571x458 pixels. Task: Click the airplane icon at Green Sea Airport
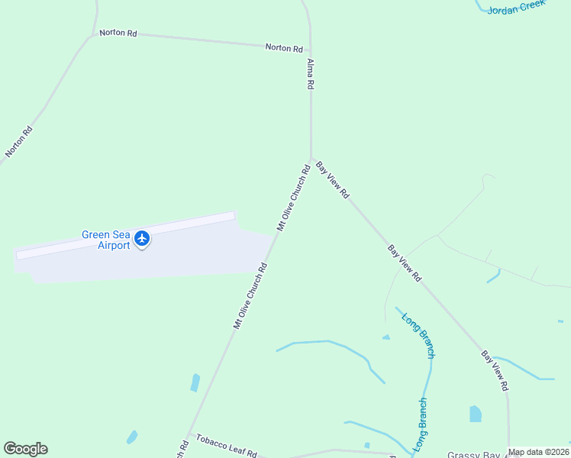pos(141,239)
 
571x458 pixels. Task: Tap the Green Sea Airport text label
pos(106,240)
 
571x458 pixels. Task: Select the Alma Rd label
pos(311,75)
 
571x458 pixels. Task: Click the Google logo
pos(25,449)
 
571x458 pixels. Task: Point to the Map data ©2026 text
pos(538,452)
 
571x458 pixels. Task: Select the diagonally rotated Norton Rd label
pos(19,141)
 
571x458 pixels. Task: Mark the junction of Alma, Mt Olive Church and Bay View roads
pos(311,159)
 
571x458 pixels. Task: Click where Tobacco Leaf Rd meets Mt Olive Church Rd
pos(189,435)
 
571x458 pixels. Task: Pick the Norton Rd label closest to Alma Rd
pos(284,47)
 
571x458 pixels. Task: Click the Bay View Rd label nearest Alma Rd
pos(332,180)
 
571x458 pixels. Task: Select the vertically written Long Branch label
pos(421,424)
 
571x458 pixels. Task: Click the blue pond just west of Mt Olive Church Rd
pos(195,382)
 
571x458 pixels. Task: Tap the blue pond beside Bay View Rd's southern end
pos(476,414)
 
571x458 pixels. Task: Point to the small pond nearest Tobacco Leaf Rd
pos(132,437)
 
